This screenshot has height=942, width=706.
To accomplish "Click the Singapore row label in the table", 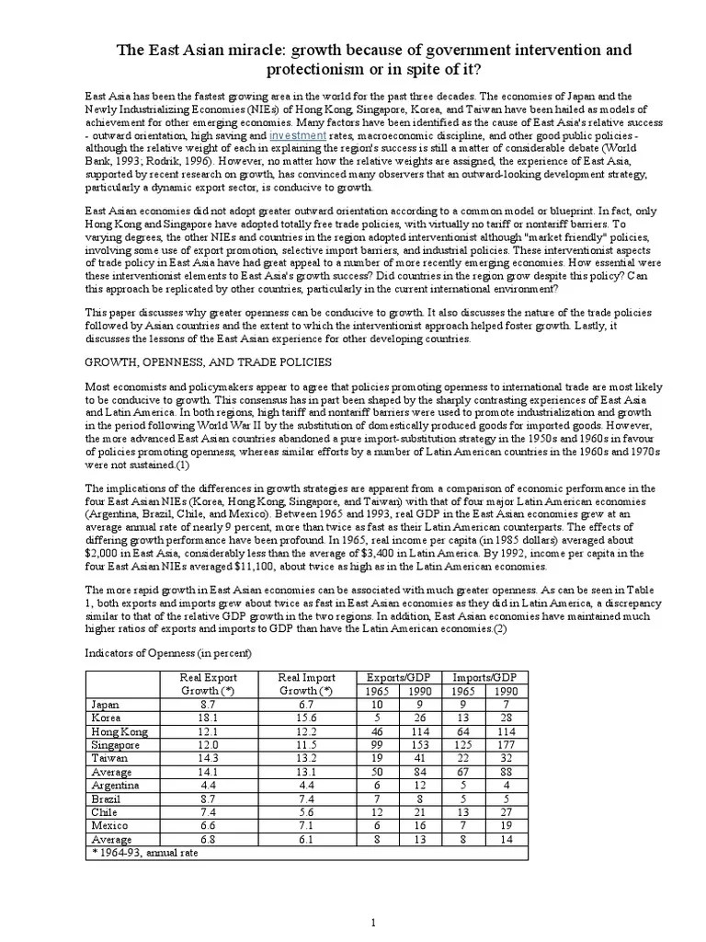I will point(115,744).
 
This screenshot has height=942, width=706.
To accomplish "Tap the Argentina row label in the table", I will point(115,786).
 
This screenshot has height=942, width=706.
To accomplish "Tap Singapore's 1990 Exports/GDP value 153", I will point(421,744).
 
